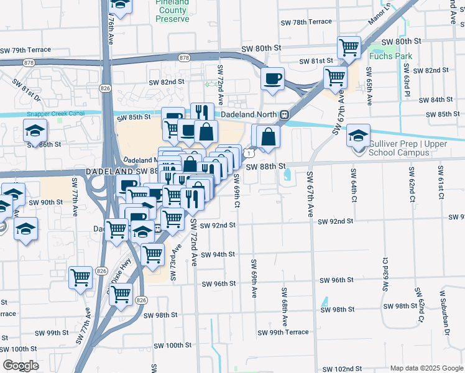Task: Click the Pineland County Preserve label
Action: (x=172, y=11)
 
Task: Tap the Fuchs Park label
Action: (x=390, y=56)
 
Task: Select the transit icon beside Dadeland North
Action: (x=284, y=114)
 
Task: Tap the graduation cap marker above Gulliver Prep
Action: (x=359, y=135)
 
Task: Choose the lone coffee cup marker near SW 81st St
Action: (x=272, y=79)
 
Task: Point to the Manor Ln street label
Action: (x=380, y=13)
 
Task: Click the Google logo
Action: (x=21, y=366)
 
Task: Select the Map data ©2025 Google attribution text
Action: (x=426, y=368)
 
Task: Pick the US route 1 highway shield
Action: (x=248, y=153)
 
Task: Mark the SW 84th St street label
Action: (x=436, y=100)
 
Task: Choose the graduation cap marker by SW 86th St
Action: (x=35, y=131)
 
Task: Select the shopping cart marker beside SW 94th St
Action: (x=153, y=254)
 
